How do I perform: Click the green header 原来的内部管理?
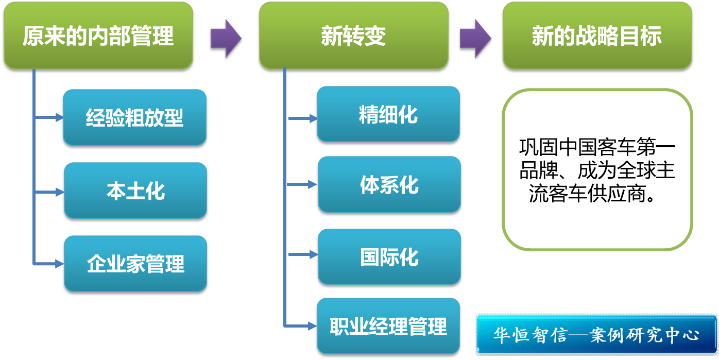coord(98,36)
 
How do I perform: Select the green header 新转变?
coord(353,36)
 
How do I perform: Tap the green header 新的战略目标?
coord(597,36)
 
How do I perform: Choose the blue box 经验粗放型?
coord(135,118)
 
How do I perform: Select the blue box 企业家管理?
coord(135,264)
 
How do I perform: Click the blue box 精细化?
coord(388,114)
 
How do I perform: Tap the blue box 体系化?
coord(389,185)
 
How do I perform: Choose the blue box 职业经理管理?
coord(388,326)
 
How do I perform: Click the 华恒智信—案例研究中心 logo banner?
coord(596,335)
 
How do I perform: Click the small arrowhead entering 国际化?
coord(312,254)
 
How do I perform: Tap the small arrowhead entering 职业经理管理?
coord(311,325)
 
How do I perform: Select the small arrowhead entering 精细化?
coord(312,118)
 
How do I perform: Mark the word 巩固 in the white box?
coord(536,147)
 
